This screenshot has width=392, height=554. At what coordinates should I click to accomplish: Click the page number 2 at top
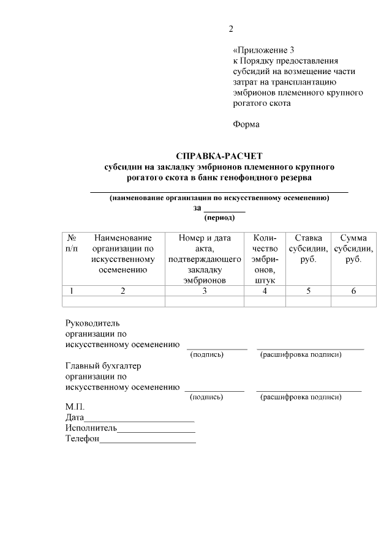(x=231, y=29)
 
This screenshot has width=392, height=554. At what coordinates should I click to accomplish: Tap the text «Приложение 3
(x=264, y=50)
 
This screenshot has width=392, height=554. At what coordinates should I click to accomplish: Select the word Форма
(x=246, y=124)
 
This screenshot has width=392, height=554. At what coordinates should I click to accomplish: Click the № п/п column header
(x=72, y=243)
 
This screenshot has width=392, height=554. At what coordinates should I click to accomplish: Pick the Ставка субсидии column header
(x=308, y=248)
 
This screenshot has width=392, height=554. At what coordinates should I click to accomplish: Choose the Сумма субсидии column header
(x=353, y=248)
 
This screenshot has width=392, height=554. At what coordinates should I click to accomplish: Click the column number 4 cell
(x=265, y=291)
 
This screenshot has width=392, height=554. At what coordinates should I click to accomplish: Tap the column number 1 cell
(x=72, y=291)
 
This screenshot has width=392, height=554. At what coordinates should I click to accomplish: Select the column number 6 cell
(x=353, y=291)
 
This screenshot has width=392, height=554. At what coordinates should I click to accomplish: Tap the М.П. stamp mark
(x=75, y=407)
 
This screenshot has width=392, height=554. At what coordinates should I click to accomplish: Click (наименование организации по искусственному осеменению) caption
(x=219, y=198)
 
